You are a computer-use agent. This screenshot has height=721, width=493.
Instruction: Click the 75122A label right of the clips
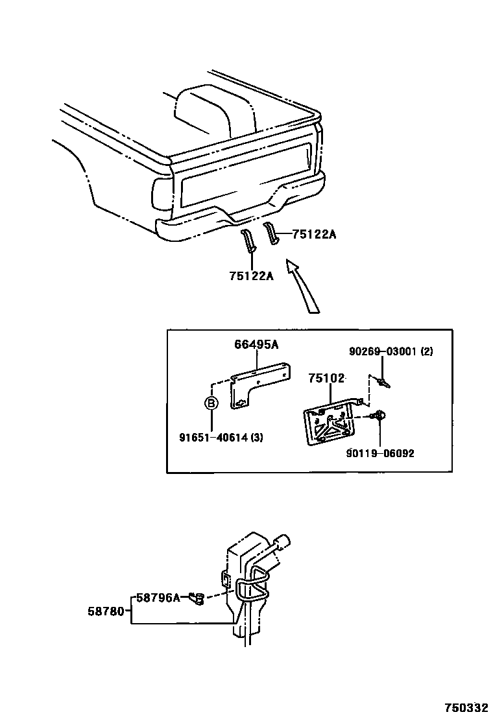point(314,235)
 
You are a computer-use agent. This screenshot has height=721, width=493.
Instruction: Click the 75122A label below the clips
point(252,276)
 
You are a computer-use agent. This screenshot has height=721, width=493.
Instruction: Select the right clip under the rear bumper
point(272,234)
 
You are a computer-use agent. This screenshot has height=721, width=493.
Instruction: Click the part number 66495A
point(257,346)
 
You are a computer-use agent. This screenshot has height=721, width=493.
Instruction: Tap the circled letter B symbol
point(211,403)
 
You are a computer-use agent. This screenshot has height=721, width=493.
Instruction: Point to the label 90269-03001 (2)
point(391,351)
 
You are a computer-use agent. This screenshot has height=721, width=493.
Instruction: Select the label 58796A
point(158,598)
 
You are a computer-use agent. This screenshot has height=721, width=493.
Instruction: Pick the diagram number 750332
point(466,707)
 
